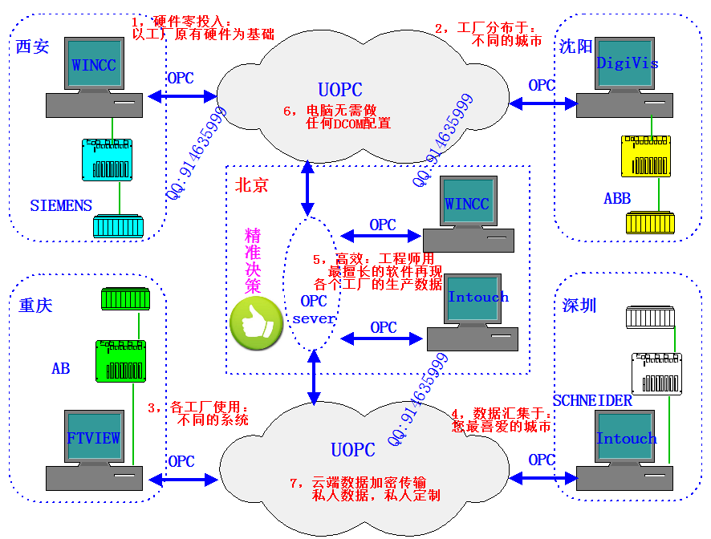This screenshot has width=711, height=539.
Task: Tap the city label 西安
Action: (x=32, y=47)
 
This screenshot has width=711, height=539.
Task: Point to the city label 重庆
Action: (x=35, y=306)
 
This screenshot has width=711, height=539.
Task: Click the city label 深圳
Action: (x=579, y=306)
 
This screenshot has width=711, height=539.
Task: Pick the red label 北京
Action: (x=251, y=185)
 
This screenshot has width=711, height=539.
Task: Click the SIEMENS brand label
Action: (x=61, y=205)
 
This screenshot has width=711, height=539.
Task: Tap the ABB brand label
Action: (x=617, y=198)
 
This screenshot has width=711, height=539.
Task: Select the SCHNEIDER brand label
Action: (x=592, y=400)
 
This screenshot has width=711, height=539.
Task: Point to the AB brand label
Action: (x=61, y=369)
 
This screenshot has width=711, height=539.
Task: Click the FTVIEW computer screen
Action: (x=93, y=438)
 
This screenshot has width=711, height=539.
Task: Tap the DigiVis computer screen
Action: (x=627, y=63)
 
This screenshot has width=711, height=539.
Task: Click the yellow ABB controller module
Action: (x=651, y=156)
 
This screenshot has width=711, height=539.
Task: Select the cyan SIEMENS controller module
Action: (x=112, y=160)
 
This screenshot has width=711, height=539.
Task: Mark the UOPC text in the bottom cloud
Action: (x=353, y=449)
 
